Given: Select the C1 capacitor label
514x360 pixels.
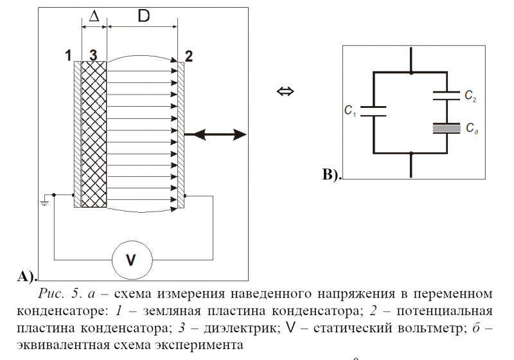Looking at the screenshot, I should coord(351,111).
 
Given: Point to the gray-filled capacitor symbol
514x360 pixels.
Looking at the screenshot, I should coord(447,128).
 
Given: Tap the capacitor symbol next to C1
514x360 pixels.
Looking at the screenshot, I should coord(372,111).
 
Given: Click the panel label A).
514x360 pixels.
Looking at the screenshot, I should coord(24,277).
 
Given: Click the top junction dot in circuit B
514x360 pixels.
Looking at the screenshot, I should coord(410,73).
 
